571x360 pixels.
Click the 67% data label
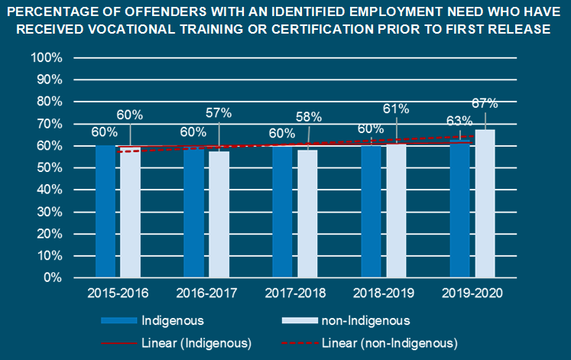[x=485, y=103]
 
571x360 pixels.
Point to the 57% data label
[x=219, y=113]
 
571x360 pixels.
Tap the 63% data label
[x=460, y=120]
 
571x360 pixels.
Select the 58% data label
[x=309, y=117]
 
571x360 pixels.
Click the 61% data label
[x=397, y=109]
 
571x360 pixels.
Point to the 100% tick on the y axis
[x=47, y=58]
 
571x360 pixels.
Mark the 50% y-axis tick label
[x=50, y=168]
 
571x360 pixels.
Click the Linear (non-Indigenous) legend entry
[x=390, y=342]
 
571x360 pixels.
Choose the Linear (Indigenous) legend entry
[x=196, y=342]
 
